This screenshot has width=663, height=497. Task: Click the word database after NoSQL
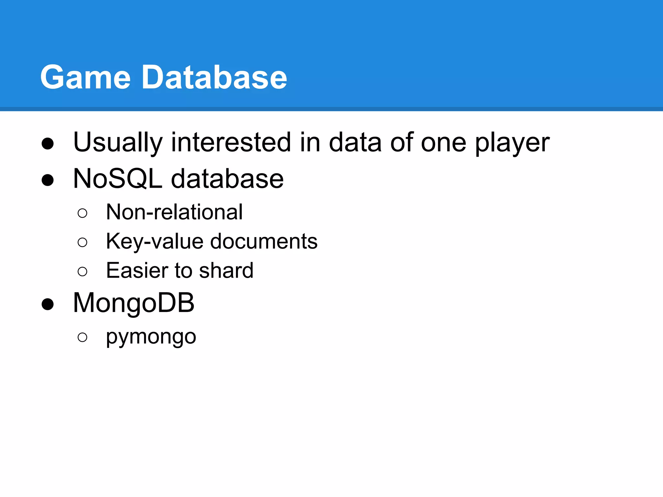click(x=227, y=179)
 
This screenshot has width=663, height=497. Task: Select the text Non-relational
click(x=174, y=212)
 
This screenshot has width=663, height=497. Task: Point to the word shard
click(x=226, y=271)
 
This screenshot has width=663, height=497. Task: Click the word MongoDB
click(x=134, y=303)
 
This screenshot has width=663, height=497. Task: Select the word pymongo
click(x=151, y=337)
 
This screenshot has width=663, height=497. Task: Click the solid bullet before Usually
click(x=48, y=144)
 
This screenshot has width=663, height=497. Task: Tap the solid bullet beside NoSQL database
click(x=48, y=180)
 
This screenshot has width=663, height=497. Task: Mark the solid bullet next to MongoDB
click(x=48, y=304)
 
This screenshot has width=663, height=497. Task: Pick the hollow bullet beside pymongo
click(x=83, y=337)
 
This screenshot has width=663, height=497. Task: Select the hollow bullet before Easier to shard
click(x=83, y=271)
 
